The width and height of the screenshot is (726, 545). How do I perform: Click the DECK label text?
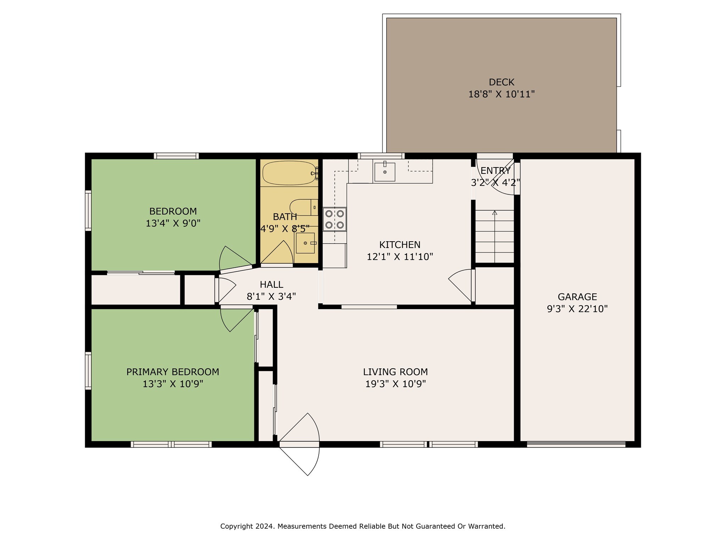coord(501,82)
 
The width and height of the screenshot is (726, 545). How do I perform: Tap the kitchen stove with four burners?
coord(335,219)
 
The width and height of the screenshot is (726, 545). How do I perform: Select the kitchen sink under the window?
coord(385,172)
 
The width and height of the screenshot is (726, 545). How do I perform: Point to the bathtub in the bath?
coord(289,173)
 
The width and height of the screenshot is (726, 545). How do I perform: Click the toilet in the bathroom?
coord(304,207)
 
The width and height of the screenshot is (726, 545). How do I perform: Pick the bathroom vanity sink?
coord(305,243)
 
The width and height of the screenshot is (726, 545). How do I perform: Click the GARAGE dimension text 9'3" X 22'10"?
coord(577,309)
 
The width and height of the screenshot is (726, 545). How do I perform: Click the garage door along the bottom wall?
coord(576,444)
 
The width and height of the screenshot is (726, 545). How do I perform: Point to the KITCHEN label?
coord(400,245)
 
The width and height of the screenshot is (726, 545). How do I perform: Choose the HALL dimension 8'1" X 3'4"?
coord(272,297)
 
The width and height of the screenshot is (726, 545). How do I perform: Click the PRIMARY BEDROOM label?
coord(173,372)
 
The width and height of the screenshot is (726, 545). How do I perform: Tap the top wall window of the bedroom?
coord(176,156)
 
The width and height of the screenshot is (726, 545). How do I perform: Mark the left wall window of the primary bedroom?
coord(88,370)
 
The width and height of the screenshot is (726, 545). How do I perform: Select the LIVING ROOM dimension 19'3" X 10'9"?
coord(396,384)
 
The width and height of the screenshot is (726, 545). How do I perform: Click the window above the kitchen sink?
coord(381,156)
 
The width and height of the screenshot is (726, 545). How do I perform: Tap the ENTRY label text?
coord(496,171)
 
